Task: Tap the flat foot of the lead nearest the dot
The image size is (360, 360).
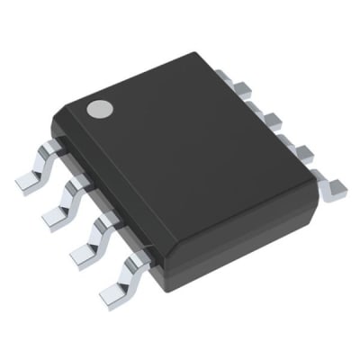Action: point(29,178)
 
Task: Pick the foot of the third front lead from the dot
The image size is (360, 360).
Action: point(83,253)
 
